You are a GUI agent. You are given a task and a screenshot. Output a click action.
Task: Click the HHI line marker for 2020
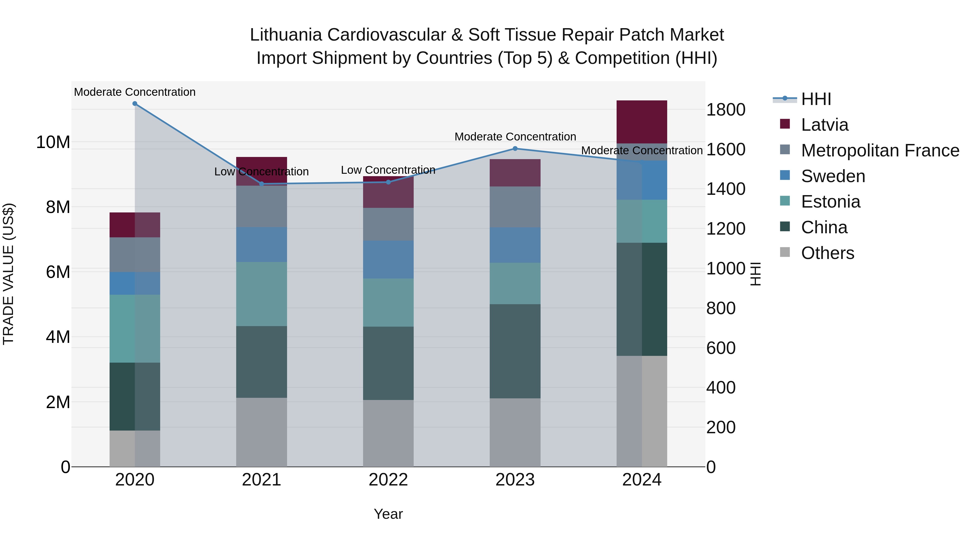point(135,104)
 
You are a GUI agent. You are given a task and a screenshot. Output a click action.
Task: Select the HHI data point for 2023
point(515,149)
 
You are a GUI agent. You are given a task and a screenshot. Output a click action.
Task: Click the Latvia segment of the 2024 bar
point(642,122)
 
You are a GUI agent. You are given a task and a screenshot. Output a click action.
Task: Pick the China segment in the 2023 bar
point(515,351)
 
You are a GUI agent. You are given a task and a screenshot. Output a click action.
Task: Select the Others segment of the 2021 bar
point(261,432)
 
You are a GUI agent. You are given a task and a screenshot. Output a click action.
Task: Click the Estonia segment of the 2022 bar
point(388,303)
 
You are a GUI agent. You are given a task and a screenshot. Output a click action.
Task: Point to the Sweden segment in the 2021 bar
point(261,244)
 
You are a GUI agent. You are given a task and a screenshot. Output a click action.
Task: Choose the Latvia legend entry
point(824,125)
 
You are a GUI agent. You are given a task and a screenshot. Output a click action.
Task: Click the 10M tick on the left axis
point(53,143)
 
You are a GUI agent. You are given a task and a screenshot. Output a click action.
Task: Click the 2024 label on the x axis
point(642,480)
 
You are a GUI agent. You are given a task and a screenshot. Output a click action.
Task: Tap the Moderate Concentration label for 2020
point(135,92)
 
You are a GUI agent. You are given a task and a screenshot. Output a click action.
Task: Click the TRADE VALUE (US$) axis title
point(8,274)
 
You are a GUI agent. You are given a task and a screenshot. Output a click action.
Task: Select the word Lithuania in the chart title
point(285,35)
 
